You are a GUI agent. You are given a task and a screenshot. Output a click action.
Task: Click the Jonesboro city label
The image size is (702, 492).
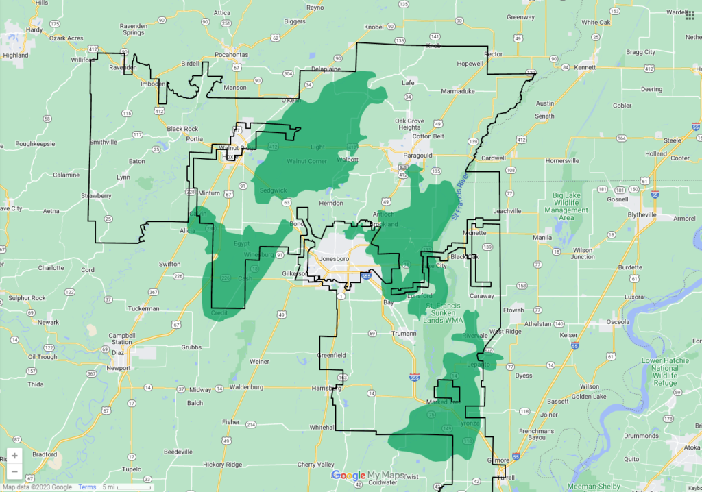coord(332,258)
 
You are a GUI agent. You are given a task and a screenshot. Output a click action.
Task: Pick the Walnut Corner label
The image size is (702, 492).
coord(307,162)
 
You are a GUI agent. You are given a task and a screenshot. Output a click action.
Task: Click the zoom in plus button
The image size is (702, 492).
coord(14,456)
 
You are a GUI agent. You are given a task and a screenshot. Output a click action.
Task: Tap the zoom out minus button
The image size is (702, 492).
coord(14,471)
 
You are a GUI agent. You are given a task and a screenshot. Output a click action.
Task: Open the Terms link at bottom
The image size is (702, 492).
coord(87,487)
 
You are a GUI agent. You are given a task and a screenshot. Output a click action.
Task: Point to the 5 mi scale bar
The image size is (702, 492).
coord(127,487)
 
